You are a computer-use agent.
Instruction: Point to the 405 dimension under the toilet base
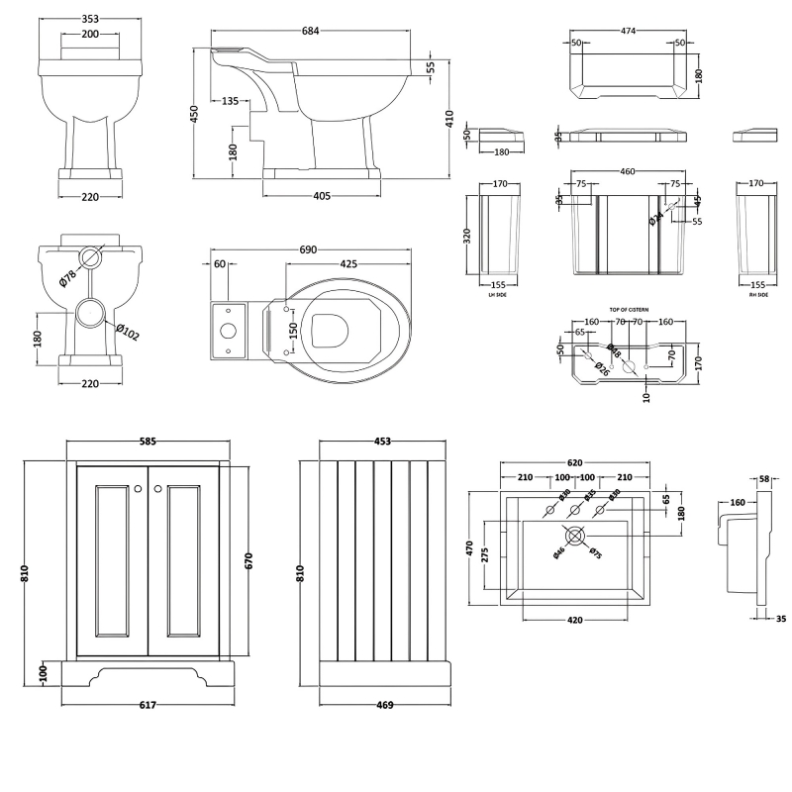[321, 196]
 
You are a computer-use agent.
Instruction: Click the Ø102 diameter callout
[127, 333]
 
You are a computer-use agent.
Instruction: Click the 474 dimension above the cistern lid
[628, 31]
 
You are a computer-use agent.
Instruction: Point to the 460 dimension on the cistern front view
[627, 171]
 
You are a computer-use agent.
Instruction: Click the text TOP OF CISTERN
[629, 310]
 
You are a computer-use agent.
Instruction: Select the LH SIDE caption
[498, 295]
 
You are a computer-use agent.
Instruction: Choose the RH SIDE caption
[757, 295]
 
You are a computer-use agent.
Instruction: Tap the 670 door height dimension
[249, 560]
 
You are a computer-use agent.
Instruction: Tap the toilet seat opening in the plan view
[329, 328]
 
